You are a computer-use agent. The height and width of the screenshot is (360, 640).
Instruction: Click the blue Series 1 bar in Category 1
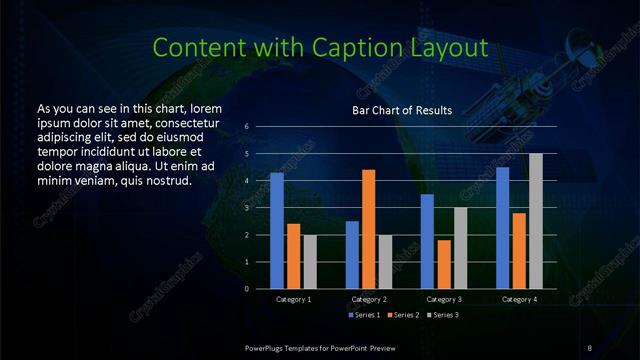point(277,231)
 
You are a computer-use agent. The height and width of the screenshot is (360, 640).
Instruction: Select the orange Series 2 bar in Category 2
point(369,229)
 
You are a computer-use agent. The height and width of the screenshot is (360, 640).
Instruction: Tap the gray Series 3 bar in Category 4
point(536,221)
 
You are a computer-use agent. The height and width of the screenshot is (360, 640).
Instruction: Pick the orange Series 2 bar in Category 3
point(444,264)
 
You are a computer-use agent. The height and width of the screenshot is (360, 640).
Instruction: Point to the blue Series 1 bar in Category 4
point(503,228)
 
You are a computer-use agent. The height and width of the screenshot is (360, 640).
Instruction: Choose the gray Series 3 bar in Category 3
point(460,248)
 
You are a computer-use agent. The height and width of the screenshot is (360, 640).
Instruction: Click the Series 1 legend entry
point(363,315)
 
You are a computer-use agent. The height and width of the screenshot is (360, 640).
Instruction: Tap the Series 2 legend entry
point(402,315)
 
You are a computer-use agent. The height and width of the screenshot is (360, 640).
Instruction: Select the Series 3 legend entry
point(442,315)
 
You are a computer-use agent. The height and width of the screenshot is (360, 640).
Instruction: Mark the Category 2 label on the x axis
point(369,299)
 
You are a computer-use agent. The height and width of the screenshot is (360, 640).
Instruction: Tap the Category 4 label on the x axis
point(519,299)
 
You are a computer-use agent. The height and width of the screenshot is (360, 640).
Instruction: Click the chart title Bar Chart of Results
point(402,110)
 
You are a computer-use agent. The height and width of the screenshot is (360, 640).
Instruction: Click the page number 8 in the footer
point(591,346)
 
